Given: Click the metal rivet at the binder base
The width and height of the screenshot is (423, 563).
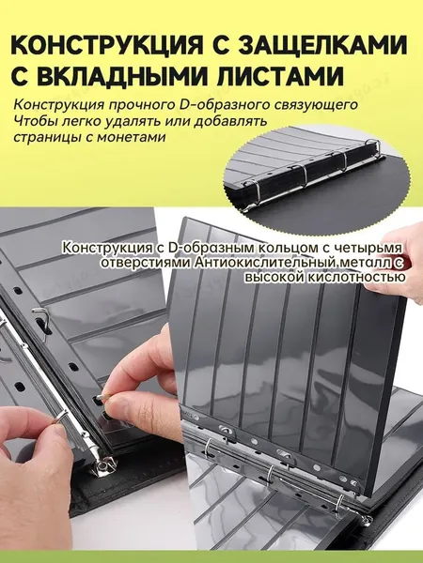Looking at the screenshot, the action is [x=102, y=467].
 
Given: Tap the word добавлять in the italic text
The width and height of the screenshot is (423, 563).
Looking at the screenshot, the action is [x=230, y=121].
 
